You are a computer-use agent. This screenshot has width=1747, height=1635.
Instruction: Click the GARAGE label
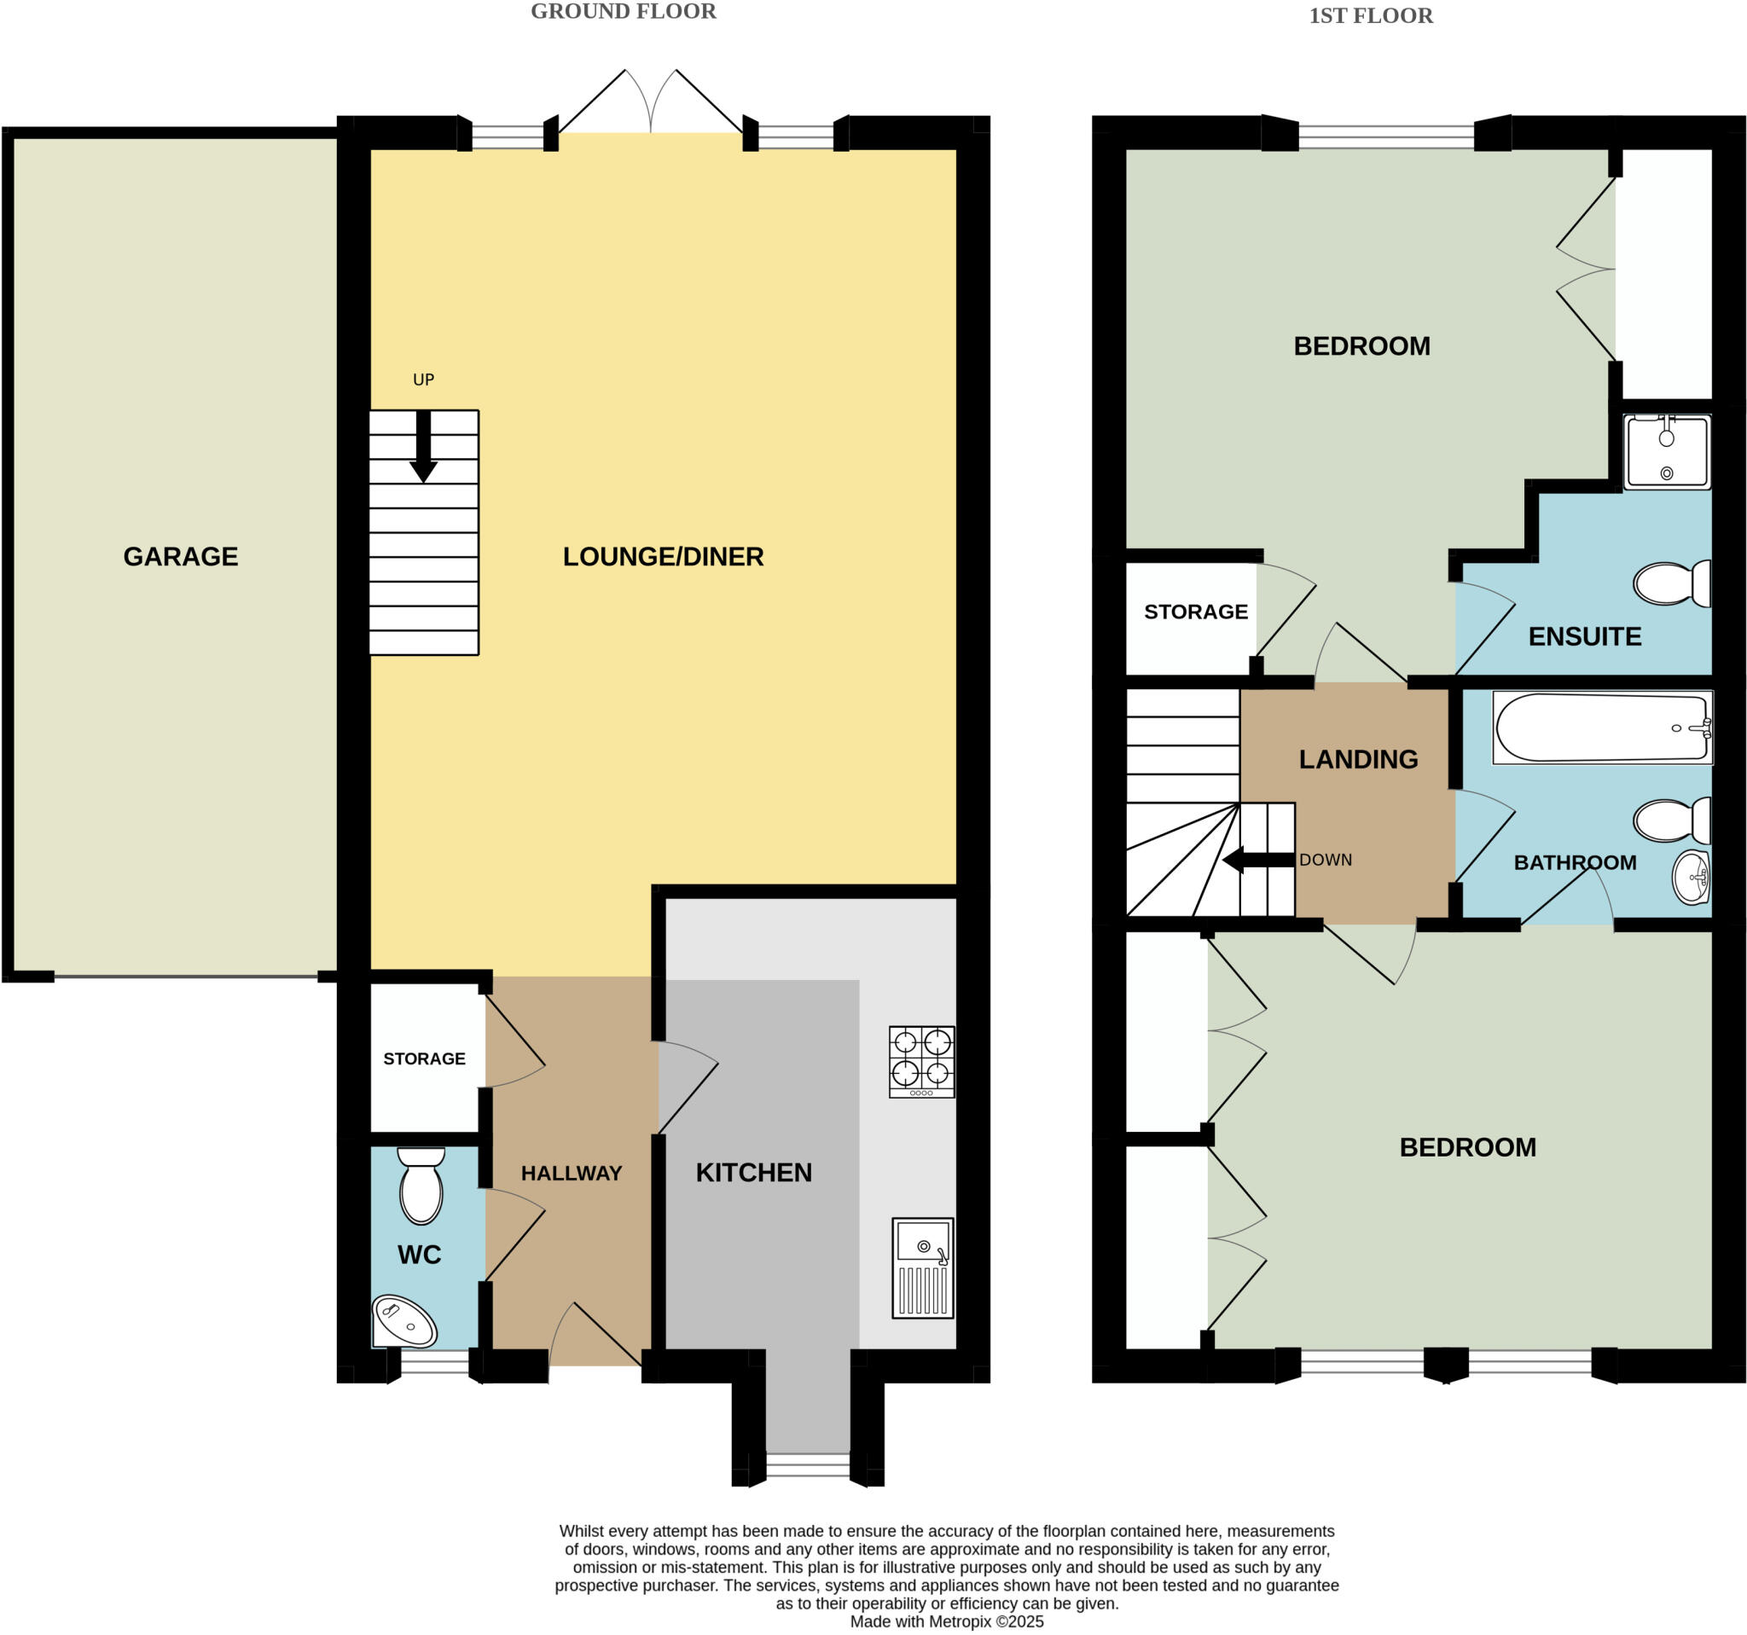(x=180, y=556)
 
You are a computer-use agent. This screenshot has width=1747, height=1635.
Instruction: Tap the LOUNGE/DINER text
(x=663, y=556)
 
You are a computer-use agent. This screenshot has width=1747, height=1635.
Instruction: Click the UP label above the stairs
(x=424, y=380)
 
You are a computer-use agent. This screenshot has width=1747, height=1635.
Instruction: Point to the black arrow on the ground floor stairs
(x=424, y=448)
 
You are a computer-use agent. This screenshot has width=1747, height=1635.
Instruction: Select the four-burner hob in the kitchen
(x=921, y=1061)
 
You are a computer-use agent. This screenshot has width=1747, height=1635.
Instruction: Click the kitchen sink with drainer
(x=922, y=1267)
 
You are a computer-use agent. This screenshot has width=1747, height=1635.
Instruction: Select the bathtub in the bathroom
(x=1601, y=728)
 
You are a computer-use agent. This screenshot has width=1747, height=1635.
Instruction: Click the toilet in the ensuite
(x=1670, y=583)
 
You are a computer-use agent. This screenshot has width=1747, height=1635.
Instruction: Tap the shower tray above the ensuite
(x=1666, y=452)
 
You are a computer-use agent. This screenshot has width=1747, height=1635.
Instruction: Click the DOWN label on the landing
(x=1326, y=860)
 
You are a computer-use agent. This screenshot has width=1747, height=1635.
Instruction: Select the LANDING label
(x=1358, y=759)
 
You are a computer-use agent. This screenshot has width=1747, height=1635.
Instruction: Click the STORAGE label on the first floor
(x=1195, y=612)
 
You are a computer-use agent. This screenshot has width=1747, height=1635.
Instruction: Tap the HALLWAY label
(x=572, y=1173)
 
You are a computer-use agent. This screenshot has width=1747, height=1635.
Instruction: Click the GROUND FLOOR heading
(x=623, y=11)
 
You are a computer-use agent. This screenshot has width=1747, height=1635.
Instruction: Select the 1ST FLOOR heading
(x=1370, y=16)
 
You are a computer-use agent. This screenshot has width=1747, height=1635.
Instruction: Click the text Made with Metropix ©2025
(x=947, y=1622)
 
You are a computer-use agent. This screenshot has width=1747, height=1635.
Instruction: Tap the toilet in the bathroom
(x=1670, y=820)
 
